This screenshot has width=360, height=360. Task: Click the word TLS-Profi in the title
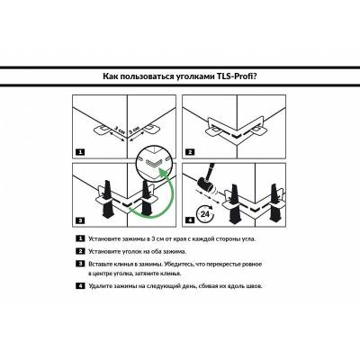[237, 76]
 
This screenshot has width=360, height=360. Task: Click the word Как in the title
[110, 76]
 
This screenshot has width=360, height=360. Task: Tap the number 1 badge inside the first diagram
[80, 152]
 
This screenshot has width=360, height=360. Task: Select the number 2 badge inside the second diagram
[190, 152]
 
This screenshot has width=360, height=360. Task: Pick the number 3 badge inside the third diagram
[80, 220]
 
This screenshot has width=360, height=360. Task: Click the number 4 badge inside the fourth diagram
[190, 220]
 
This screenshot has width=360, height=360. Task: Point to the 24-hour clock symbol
[205, 214]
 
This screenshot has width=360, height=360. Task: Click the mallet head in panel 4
[205, 184]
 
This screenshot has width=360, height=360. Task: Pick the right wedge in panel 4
[274, 203]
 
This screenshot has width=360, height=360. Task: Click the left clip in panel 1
[102, 130]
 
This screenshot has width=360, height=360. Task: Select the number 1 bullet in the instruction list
[80, 238]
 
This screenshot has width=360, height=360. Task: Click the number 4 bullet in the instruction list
[80, 285]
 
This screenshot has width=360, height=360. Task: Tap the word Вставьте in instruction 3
[101, 265]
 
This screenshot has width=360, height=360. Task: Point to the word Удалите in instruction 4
[100, 286]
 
